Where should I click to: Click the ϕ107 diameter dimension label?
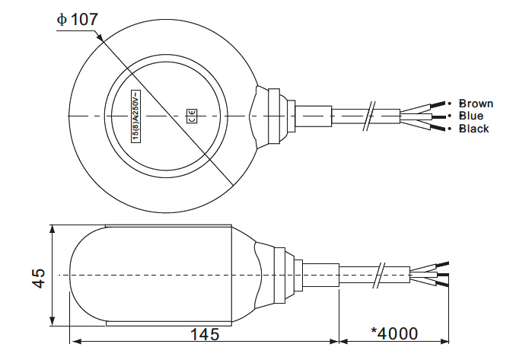78,19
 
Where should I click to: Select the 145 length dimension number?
205,334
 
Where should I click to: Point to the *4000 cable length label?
394,333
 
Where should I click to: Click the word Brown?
476,104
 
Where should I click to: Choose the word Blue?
471,116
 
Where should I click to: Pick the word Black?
473,129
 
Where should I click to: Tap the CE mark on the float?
192,116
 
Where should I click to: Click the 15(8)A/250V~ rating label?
135,116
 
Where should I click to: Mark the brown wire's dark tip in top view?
438,104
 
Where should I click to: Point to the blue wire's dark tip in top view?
438,116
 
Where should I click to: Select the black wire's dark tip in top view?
438,129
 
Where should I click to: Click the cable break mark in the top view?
368,116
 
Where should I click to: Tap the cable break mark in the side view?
379,276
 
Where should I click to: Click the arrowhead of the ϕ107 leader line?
99,37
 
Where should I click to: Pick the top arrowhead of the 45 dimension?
52,229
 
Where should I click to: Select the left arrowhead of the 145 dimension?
75,341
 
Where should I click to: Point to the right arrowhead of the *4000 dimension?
444,341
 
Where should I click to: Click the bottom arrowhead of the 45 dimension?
52,321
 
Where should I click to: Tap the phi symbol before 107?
62,19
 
